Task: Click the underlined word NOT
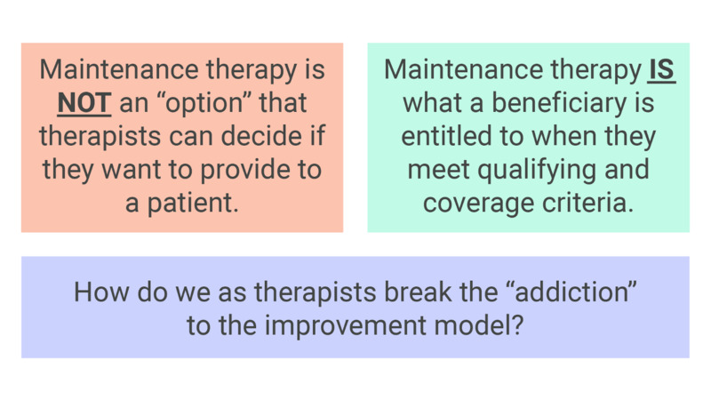pos(84,104)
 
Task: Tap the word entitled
pos(451,137)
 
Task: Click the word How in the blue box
pos(94,292)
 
